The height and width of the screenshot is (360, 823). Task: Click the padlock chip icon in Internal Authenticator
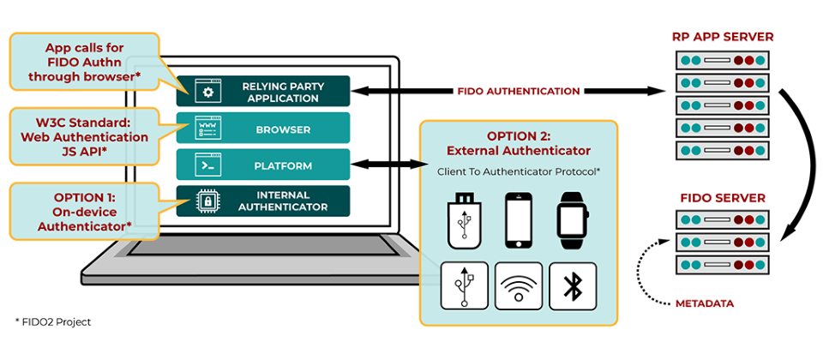tap(207, 201)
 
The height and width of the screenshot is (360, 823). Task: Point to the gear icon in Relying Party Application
tap(207, 91)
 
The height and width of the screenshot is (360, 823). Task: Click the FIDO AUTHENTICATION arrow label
tap(519, 91)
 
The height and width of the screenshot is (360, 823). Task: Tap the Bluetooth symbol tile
tap(573, 285)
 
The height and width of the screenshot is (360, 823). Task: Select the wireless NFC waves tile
tap(519, 285)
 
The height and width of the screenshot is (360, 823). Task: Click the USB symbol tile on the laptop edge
tap(465, 285)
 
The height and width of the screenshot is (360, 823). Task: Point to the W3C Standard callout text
tap(84, 137)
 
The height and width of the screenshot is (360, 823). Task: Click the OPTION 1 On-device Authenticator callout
tap(84, 212)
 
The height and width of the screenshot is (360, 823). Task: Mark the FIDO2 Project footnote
tap(53, 322)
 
